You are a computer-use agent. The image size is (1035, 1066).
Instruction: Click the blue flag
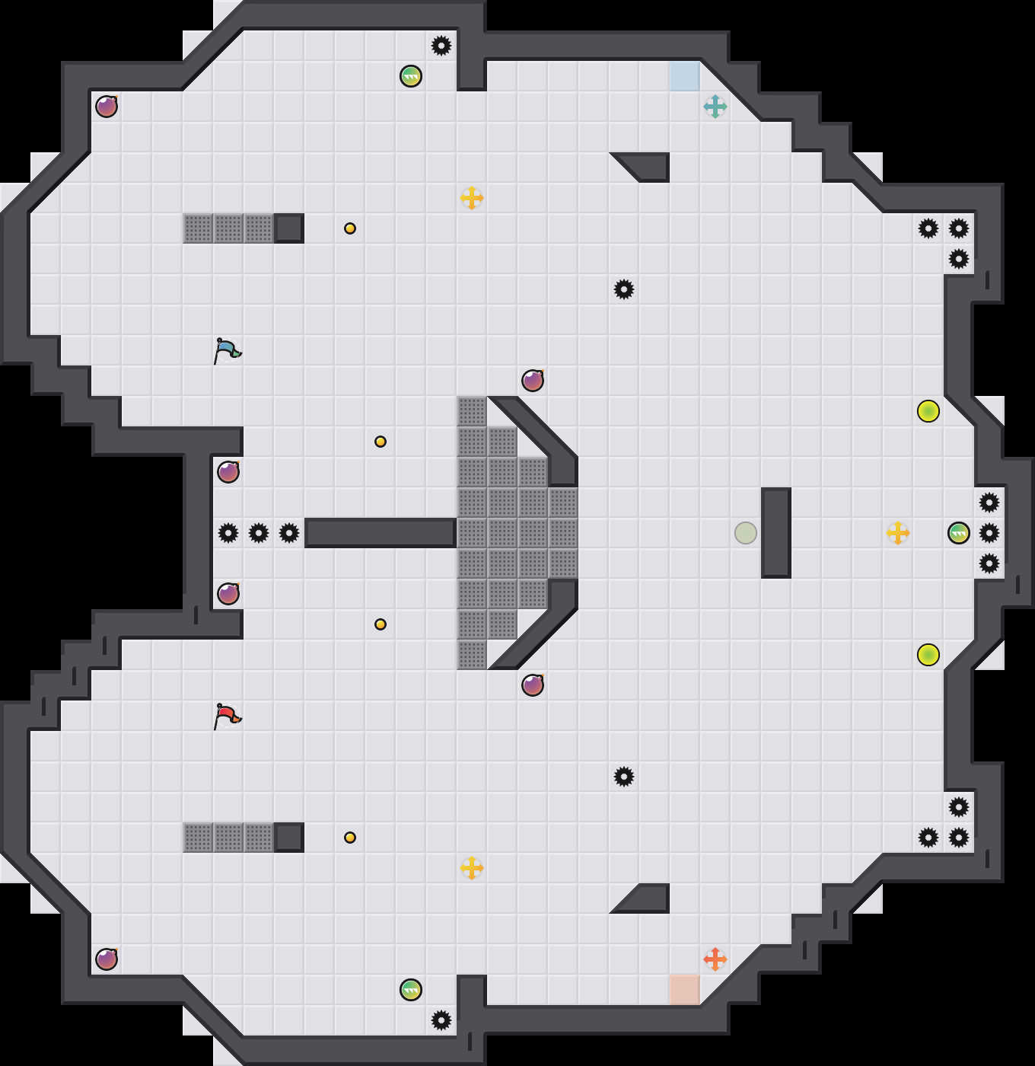click(x=227, y=350)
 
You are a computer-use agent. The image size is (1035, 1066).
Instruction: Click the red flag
click(x=227, y=716)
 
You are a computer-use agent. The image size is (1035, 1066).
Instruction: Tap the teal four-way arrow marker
click(x=715, y=107)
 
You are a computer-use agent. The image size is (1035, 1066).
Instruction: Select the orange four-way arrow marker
click(x=715, y=959)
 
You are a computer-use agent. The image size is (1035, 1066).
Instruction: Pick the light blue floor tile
click(x=685, y=76)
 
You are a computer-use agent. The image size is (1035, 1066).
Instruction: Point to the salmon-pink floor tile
click(x=685, y=990)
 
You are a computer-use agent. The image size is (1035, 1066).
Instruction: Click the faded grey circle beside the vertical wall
click(x=746, y=533)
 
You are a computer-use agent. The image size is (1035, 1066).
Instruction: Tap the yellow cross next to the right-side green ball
click(x=898, y=533)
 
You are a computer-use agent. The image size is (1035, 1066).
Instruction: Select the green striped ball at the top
click(x=411, y=76)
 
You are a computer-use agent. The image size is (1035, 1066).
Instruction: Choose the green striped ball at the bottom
click(x=411, y=990)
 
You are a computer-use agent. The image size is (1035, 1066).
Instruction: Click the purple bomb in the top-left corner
click(x=107, y=107)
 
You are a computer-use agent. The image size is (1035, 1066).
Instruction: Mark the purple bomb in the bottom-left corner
click(x=107, y=959)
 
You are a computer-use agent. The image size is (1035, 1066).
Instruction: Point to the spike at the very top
click(x=441, y=46)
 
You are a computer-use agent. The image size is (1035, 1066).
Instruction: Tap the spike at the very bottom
click(x=441, y=1020)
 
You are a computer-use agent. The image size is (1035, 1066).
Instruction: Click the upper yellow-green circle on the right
click(x=928, y=411)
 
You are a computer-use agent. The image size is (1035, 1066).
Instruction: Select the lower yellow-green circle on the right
click(x=928, y=655)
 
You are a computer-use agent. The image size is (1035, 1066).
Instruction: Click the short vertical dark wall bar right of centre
click(x=776, y=533)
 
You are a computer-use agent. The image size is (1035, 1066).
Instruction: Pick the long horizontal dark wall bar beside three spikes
click(x=381, y=533)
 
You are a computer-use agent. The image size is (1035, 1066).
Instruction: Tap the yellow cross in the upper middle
click(x=472, y=198)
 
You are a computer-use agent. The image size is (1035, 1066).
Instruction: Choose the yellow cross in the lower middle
click(x=472, y=868)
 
